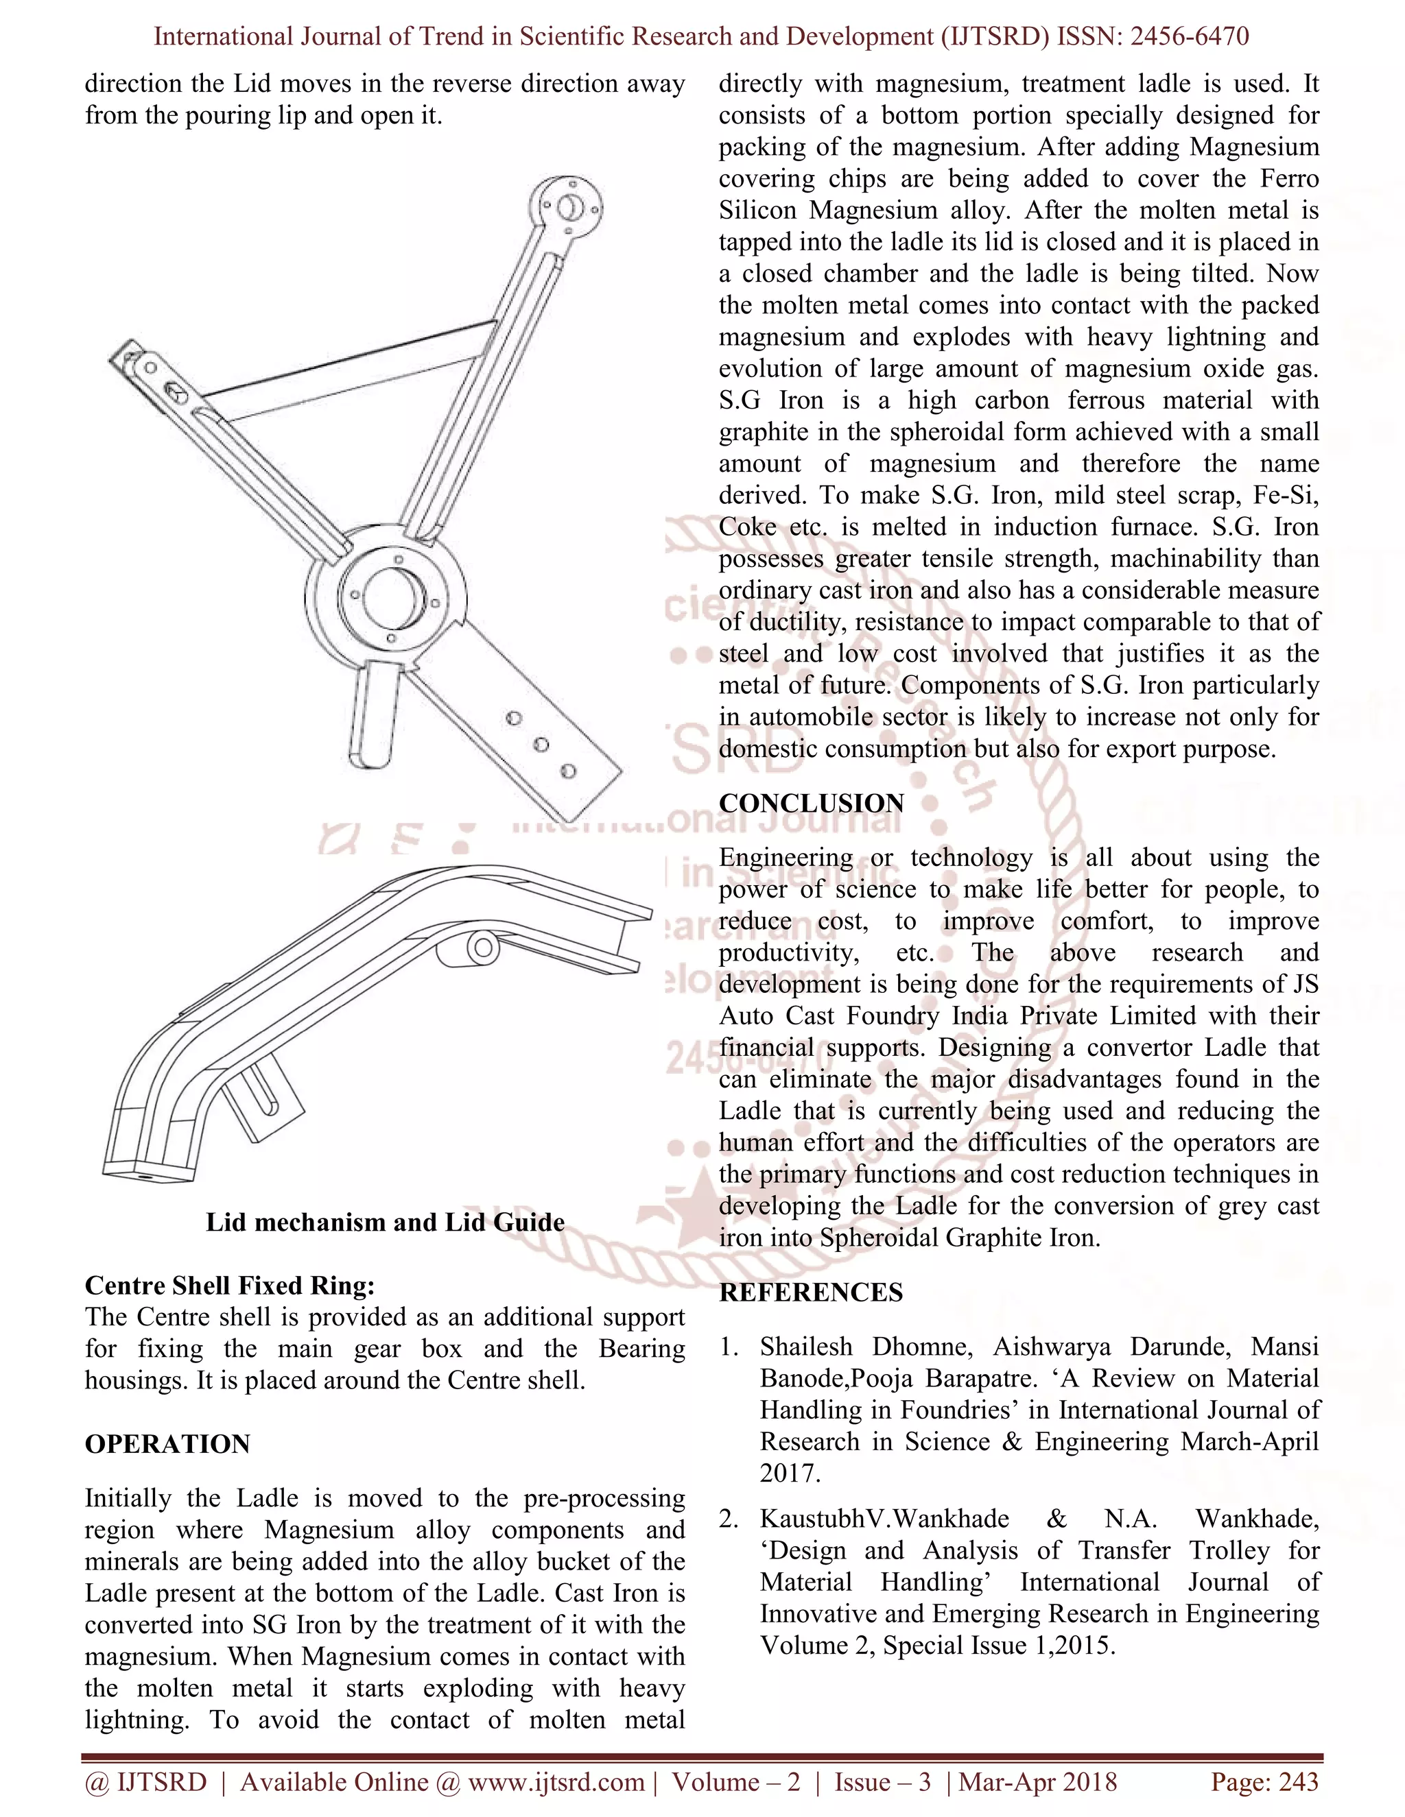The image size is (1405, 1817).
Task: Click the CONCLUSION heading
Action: pyautogui.click(x=811, y=803)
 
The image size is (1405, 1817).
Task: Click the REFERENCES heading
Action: pyautogui.click(x=811, y=1292)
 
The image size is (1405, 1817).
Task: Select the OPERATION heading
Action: pyautogui.click(x=167, y=1443)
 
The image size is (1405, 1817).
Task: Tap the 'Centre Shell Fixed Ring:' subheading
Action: pyautogui.click(x=230, y=1286)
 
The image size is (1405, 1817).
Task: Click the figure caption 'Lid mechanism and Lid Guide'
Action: pyautogui.click(x=385, y=1222)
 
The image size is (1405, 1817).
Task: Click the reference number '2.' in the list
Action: pyautogui.click(x=729, y=1519)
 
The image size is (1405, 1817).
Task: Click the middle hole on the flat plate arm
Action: pyautogui.click(x=541, y=745)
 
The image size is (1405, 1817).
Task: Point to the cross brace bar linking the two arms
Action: pyautogui.click(x=350, y=370)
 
